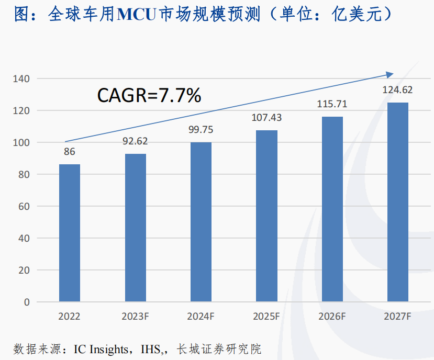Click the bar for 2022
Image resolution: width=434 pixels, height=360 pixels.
tap(70, 233)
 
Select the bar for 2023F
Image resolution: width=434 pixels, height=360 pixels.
tap(135, 228)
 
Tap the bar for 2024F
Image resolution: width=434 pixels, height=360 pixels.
tap(201, 222)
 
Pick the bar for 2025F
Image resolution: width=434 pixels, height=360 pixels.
tap(266, 216)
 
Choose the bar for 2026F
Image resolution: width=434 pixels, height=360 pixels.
tap(332, 209)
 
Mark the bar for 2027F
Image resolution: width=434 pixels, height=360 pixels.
tap(398, 202)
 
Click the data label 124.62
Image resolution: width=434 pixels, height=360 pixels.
tap(398, 90)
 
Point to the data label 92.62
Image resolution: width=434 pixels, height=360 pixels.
tap(135, 141)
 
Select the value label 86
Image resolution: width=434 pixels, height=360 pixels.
tap(70, 152)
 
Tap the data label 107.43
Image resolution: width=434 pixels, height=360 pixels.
tap(266, 118)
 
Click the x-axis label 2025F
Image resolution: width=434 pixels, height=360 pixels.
tap(266, 317)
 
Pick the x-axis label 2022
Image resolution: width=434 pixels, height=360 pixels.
tap(70, 317)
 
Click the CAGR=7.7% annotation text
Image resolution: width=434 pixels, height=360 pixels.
tap(149, 96)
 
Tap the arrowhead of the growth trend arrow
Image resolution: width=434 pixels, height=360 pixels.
tap(391, 74)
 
